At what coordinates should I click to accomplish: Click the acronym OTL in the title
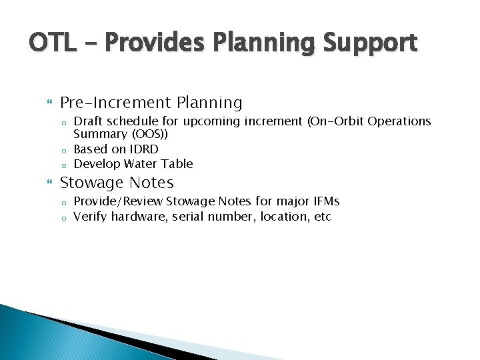click(53, 43)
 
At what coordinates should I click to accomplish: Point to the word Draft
click(88, 121)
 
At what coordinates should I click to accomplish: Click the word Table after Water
click(177, 163)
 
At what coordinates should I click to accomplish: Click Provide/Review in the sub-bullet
click(118, 201)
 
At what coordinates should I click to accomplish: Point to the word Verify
click(91, 217)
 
